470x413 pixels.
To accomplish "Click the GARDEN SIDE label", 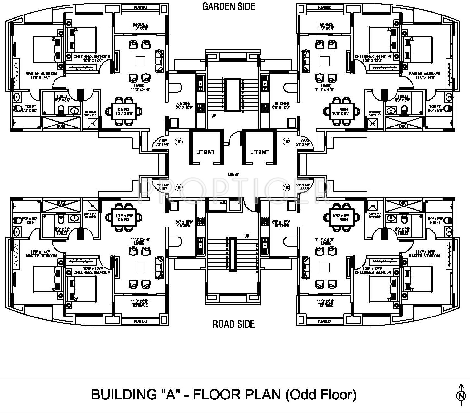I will click(229, 6).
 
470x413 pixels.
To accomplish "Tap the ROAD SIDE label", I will click(233, 324).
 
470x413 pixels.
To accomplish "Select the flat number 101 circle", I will click(179, 141).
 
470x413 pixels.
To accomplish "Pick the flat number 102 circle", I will click(287, 141).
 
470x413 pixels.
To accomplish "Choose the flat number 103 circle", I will click(287, 187).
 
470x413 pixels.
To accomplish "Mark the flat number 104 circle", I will click(179, 187).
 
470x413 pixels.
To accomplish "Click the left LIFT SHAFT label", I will click(205, 152).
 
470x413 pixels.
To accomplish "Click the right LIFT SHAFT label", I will click(259, 152).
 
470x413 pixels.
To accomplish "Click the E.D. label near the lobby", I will click(222, 203).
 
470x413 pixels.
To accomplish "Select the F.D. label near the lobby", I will click(237, 203).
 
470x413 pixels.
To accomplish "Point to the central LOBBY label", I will click(233, 174).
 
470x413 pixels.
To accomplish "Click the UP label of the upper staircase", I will click(214, 116).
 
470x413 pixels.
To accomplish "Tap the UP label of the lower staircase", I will click(247, 236).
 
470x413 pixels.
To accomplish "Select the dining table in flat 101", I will click(123, 112).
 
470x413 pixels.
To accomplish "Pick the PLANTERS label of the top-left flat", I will click(141, 8).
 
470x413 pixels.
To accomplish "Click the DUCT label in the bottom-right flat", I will click(404, 203).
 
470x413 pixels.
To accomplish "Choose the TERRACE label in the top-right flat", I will click(325, 24).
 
